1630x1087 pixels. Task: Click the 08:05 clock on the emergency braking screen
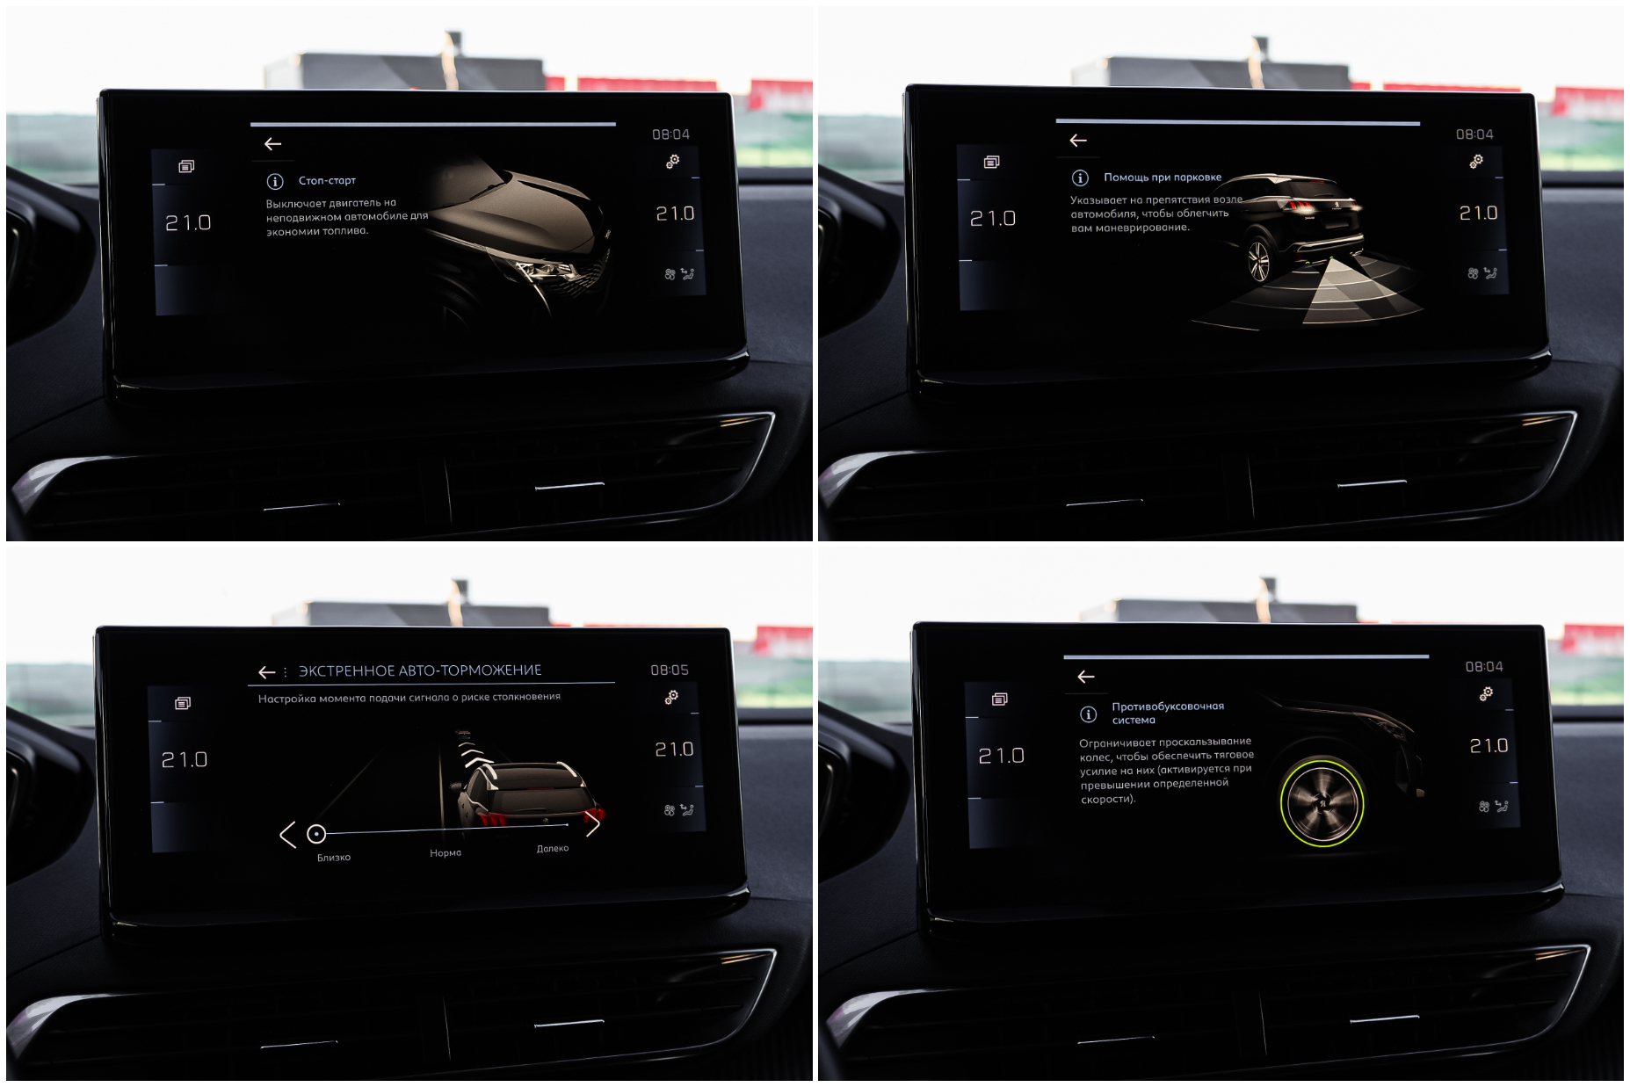point(670,670)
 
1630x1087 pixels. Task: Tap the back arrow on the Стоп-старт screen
point(272,144)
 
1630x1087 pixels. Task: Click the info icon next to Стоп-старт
point(275,182)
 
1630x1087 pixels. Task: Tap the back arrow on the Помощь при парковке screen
point(1078,141)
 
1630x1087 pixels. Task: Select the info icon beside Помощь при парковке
point(1080,178)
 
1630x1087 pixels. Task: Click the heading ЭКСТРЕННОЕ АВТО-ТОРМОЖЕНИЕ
point(420,670)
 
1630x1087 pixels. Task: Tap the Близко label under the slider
point(334,858)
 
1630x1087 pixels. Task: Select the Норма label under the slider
point(446,853)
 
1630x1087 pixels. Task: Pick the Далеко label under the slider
point(553,849)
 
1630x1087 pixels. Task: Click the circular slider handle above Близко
point(316,834)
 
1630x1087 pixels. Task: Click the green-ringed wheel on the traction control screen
point(1322,802)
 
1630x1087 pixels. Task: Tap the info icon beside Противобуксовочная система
point(1088,714)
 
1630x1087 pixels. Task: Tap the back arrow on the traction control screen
point(1086,677)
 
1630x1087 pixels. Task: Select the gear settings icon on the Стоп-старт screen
point(672,162)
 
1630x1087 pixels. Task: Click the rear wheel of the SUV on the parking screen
point(1259,261)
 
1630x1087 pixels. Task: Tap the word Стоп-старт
point(327,181)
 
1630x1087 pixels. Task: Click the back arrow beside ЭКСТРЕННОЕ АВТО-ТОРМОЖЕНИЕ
point(267,672)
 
